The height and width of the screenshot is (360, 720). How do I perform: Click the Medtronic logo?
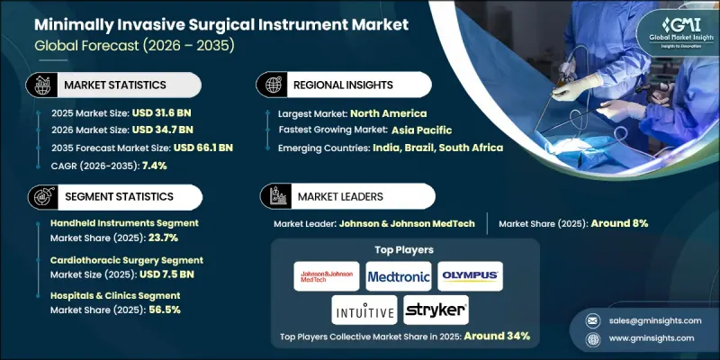coord(399,275)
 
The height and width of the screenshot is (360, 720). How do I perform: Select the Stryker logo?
coord(436,310)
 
